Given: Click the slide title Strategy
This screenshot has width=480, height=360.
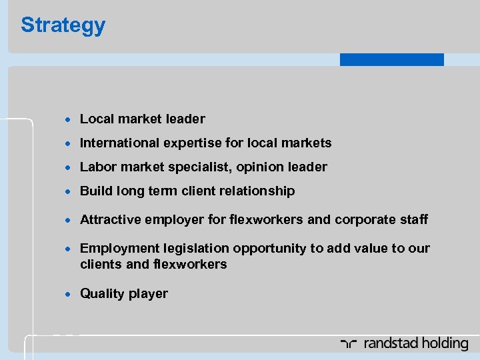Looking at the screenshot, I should pyautogui.click(x=63, y=25).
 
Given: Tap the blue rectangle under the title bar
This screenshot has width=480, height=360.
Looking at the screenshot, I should pyautogui.click(x=391, y=59).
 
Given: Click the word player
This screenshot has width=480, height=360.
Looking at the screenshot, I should pyautogui.click(x=149, y=294).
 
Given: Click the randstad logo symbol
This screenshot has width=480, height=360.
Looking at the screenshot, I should pyautogui.click(x=349, y=344).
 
